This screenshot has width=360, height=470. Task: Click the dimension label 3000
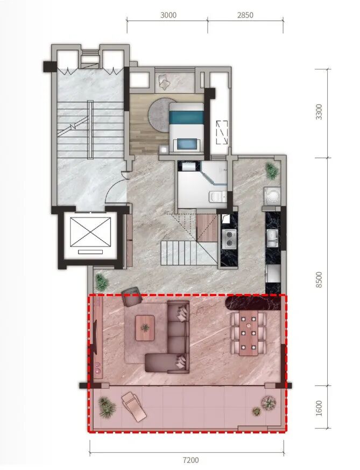[168, 15]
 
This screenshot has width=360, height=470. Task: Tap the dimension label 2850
[245, 15]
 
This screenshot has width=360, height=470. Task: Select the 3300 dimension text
[319, 112]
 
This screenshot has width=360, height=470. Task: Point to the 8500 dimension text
[319, 279]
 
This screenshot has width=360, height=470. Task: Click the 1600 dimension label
[319, 408]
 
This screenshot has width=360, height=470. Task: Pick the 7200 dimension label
[190, 460]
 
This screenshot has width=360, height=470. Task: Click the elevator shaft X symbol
[90, 232]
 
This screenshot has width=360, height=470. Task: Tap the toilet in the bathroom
[217, 196]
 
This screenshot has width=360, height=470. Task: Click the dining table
[248, 333]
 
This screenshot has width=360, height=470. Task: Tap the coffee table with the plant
[145, 328]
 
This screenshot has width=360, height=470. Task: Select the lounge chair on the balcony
[133, 406]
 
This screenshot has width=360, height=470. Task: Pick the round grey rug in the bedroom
[159, 115]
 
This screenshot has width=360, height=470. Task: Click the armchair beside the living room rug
[131, 296]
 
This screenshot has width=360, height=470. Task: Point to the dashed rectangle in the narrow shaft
[222, 132]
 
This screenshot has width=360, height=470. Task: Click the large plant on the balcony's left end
[107, 407]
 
